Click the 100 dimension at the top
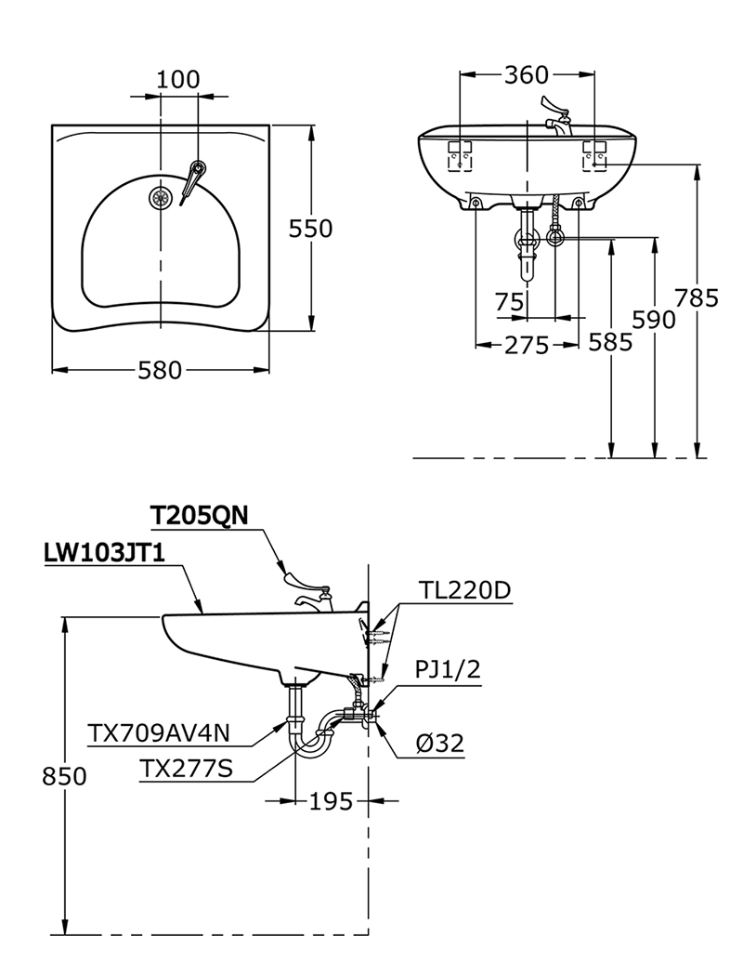(x=177, y=79)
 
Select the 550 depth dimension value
(x=310, y=229)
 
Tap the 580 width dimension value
(x=160, y=370)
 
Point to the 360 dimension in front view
(x=527, y=75)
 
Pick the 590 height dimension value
(x=654, y=319)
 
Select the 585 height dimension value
(x=610, y=342)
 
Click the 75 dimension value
(x=509, y=302)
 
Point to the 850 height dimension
(x=64, y=776)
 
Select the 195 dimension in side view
(x=331, y=800)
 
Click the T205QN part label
(x=198, y=516)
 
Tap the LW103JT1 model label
(x=104, y=554)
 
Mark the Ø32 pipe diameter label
(x=439, y=743)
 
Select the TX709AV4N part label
(x=158, y=733)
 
